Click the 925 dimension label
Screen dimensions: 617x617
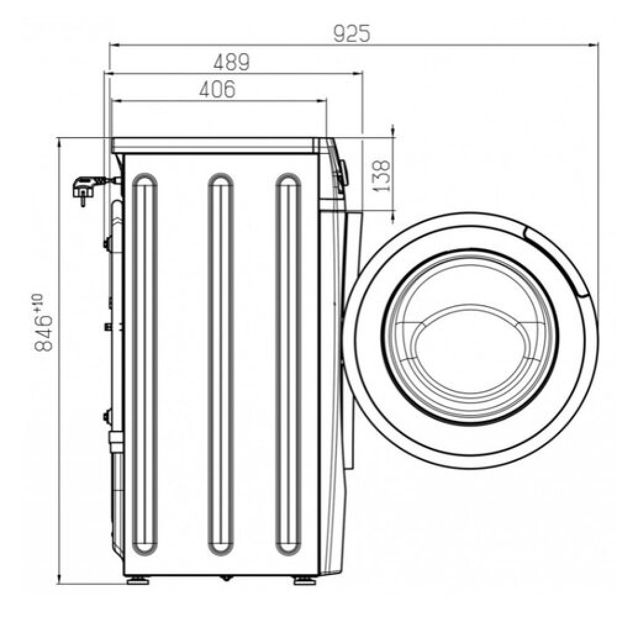(x=352, y=33)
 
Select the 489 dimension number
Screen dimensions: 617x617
(x=231, y=62)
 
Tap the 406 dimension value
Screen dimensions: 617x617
(x=217, y=89)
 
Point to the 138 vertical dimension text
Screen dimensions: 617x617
(x=381, y=175)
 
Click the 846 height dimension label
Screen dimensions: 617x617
(x=43, y=333)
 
